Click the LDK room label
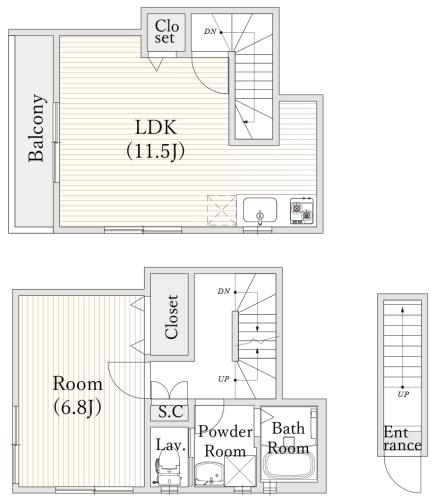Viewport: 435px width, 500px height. point(156,128)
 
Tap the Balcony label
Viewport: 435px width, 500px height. point(36,128)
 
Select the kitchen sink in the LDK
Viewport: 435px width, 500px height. point(260,210)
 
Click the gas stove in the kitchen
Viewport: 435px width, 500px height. point(302,211)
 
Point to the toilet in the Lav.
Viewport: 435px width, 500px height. point(168,468)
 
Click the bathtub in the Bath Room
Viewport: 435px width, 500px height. point(289,466)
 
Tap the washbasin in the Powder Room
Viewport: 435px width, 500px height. point(209,474)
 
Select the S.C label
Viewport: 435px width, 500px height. point(170,412)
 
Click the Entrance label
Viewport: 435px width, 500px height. point(402,439)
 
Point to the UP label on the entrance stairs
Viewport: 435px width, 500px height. point(403,394)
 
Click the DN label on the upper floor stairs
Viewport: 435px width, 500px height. point(210,32)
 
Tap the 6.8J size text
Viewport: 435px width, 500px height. point(77,407)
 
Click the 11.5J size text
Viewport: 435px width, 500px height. point(156,152)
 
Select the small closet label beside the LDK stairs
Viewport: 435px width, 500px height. point(166,32)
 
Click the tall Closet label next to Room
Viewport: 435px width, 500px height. point(172,317)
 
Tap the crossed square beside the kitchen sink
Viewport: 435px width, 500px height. point(222,210)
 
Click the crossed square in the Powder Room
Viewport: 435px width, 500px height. point(240,471)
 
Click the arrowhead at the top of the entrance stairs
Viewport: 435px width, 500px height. point(403,309)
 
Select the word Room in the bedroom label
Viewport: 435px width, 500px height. point(77,384)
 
